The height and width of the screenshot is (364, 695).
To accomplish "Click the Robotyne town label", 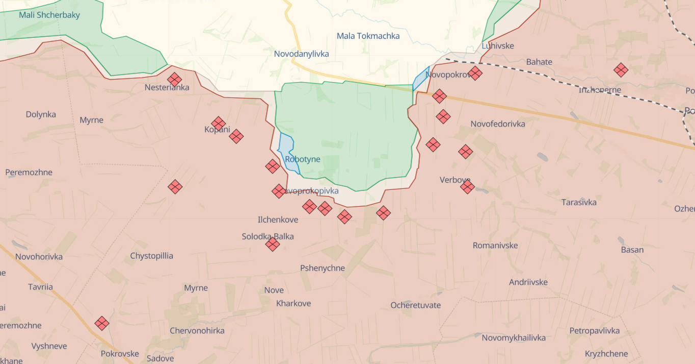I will (303, 159).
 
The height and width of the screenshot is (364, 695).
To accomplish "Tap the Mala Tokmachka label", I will (368, 36).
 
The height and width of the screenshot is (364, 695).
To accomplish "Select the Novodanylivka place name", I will (301, 54).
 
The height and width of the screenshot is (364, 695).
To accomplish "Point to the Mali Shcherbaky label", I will (49, 15).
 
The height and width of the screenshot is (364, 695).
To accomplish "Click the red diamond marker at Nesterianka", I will (175, 80).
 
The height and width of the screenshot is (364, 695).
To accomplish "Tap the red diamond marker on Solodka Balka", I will (273, 244).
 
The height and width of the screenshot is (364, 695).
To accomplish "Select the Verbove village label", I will (455, 180).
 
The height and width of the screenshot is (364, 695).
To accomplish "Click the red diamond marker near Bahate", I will (621, 70).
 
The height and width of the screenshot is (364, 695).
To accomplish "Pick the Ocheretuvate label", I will (416, 305).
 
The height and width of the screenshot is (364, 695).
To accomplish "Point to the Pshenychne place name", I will (323, 268).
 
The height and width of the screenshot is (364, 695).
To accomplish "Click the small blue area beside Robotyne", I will (286, 150).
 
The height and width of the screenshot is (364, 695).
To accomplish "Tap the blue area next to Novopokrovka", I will (421, 79).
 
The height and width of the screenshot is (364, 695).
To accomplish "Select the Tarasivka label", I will (579, 202).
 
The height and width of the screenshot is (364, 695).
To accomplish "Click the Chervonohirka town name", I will (197, 331).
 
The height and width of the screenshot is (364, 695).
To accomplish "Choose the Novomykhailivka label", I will (514, 337).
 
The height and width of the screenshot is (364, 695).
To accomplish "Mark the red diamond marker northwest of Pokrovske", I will (102, 323).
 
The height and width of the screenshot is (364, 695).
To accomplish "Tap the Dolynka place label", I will (41, 114).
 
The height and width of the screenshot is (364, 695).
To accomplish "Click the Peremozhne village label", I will (29, 172).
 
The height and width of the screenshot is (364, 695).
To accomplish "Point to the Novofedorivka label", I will (498, 124).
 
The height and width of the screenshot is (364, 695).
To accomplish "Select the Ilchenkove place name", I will (278, 220).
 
